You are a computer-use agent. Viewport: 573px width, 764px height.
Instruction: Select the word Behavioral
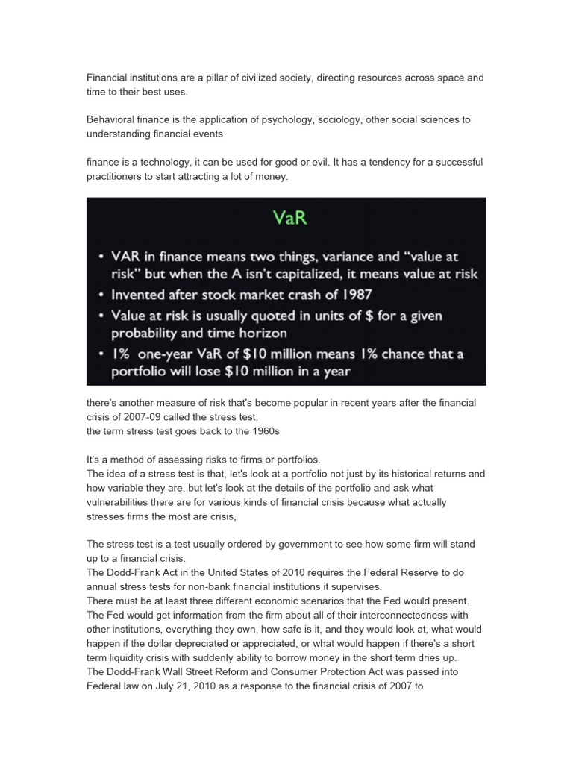point(112,119)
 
